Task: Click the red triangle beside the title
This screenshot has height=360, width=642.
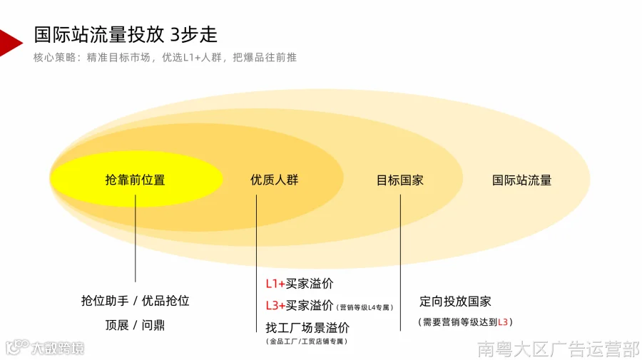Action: point(9,43)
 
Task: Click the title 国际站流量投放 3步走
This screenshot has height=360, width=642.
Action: point(126,35)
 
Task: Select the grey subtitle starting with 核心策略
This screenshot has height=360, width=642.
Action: point(165,57)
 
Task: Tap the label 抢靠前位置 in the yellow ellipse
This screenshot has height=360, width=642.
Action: point(135,180)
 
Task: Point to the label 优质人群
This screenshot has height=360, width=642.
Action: point(275,180)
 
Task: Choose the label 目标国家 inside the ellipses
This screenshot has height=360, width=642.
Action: point(400,180)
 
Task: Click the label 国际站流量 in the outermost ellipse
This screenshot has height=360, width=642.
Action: point(521,180)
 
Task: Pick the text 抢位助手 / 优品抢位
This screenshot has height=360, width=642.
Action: point(135,301)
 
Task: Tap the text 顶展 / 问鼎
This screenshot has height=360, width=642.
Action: point(135,325)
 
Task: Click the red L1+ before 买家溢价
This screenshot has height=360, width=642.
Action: point(275,284)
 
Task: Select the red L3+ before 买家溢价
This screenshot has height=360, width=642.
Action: point(275,306)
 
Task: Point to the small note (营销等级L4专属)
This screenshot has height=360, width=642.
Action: point(365,307)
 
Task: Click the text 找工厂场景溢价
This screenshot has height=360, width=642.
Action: point(307,328)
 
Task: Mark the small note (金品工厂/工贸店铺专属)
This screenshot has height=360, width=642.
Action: point(307,341)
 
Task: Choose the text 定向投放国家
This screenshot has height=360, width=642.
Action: point(455,302)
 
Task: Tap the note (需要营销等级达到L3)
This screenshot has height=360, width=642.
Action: point(465,322)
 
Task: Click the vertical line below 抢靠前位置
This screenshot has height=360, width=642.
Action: point(135,239)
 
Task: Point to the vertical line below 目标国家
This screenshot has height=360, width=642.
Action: point(400,262)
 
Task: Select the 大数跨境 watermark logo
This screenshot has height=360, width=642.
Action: point(45,347)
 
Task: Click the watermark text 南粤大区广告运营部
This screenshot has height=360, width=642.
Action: point(559,349)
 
